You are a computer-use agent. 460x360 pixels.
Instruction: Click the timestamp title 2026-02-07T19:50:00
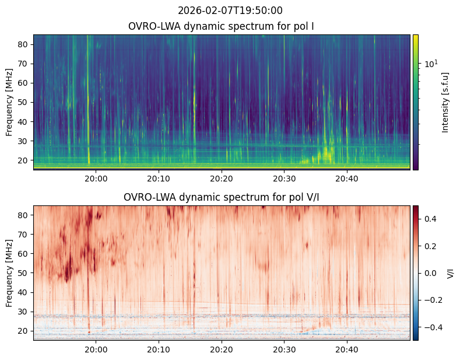pyautogui.click(x=230, y=11)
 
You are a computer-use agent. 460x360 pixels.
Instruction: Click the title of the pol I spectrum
pyautogui.click(x=221, y=26)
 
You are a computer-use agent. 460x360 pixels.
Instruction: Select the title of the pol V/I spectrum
pyautogui.click(x=221, y=197)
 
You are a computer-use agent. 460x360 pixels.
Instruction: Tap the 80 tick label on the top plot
pyautogui.click(x=23, y=44)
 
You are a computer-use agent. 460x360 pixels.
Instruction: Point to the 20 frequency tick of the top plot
pyautogui.click(x=23, y=160)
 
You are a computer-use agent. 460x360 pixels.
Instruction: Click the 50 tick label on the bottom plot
pyautogui.click(x=23, y=273)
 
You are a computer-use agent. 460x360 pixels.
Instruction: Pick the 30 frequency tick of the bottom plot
pyautogui.click(x=23, y=312)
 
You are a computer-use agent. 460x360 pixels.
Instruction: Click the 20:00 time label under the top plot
pyautogui.click(x=96, y=179)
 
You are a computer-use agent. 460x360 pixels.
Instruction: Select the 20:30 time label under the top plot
pyautogui.click(x=285, y=179)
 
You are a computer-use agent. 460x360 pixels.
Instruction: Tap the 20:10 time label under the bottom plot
pyautogui.click(x=159, y=349)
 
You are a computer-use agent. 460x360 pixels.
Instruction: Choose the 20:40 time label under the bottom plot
pyautogui.click(x=347, y=349)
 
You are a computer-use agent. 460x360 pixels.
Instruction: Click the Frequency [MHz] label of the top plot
pyautogui.click(x=9, y=103)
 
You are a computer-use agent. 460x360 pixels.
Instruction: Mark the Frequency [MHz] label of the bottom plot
pyautogui.click(x=9, y=274)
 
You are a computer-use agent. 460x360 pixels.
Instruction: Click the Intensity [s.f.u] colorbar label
pyautogui.click(x=445, y=103)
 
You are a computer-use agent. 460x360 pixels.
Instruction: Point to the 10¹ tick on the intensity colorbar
pyautogui.click(x=431, y=64)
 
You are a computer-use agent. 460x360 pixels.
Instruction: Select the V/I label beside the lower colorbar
pyautogui.click(x=450, y=274)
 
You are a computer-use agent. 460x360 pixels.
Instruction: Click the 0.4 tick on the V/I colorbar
pyautogui.click(x=430, y=219)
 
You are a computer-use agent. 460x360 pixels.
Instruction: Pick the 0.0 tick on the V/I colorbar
pyautogui.click(x=430, y=273)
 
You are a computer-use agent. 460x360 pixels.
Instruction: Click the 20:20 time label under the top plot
pyautogui.click(x=222, y=179)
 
